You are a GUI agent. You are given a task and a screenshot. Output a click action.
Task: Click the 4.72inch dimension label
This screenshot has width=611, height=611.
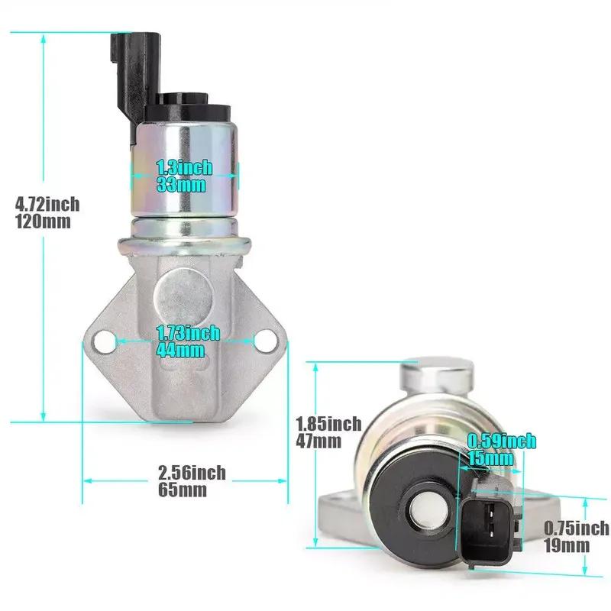click(47, 204)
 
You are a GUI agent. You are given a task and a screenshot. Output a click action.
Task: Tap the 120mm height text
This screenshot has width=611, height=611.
click(43, 221)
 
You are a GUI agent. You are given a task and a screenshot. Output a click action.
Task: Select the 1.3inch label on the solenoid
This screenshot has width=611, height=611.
click(184, 167)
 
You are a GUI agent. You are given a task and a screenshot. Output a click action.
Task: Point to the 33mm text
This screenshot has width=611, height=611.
click(181, 185)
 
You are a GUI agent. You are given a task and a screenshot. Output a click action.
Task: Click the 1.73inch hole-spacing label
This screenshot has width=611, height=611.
click(188, 333)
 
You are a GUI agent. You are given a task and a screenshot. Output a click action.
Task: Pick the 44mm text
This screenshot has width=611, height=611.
click(180, 350)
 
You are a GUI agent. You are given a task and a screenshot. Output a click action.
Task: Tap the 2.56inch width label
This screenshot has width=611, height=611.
click(192, 473)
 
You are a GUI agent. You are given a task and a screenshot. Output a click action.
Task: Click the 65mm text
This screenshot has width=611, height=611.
click(183, 490)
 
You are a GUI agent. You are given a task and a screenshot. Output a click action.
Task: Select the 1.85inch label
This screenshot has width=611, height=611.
click(328, 424)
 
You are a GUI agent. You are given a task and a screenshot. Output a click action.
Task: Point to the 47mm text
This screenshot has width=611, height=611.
click(318, 441)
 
